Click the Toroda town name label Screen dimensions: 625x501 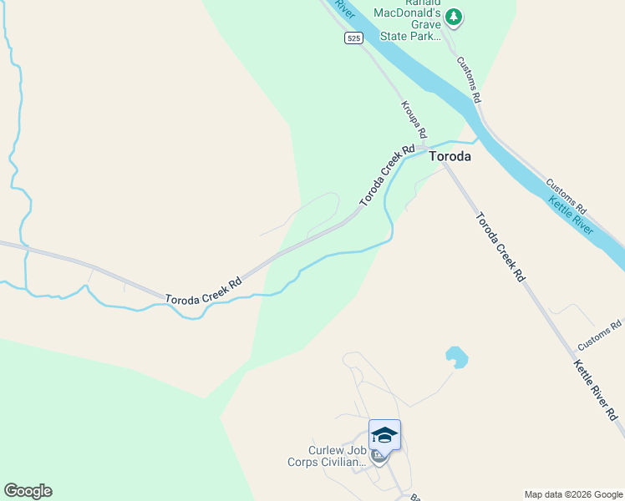pos(450,156)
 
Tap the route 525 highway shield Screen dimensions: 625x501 pos(353,38)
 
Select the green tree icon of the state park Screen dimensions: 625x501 pos(454,16)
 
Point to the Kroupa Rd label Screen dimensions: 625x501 pos(414,120)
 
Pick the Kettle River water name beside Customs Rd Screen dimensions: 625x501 pos(571,215)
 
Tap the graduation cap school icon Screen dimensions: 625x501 pos(384,434)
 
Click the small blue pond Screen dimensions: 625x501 pos(455,357)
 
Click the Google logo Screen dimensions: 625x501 pos(28,491)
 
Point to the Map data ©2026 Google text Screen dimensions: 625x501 pos(572,494)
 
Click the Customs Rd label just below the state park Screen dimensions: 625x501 pos(469,79)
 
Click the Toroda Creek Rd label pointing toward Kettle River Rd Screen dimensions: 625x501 pos(500,246)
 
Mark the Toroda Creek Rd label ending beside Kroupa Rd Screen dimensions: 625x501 pos(387,175)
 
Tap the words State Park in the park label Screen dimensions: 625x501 pos(410,36)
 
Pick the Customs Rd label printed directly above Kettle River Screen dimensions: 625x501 pos(567,194)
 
